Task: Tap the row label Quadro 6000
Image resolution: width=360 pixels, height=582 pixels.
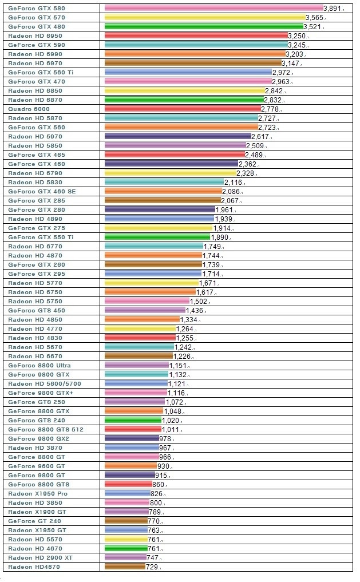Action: pyautogui.click(x=29, y=109)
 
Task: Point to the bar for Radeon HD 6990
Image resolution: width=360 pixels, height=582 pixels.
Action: pyautogui.click(x=195, y=54)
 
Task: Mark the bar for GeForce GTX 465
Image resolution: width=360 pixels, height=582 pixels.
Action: pyautogui.click(x=175, y=155)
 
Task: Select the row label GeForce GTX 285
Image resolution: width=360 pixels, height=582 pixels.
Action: pyautogui.click(x=37, y=200)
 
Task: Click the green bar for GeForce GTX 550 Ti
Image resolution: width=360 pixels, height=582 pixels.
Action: pyautogui.click(x=158, y=237)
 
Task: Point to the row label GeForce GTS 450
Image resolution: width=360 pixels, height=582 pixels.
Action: pyautogui.click(x=37, y=310)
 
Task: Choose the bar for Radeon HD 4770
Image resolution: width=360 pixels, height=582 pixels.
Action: pyautogui.click(x=140, y=328)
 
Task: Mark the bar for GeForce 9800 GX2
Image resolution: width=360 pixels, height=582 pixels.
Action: pyautogui.click(x=132, y=438)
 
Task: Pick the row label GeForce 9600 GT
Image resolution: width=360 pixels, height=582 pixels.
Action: pyautogui.click(x=37, y=466)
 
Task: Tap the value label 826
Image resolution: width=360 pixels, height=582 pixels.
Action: pyautogui.click(x=156, y=493)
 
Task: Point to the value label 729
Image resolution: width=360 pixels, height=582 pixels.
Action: pyautogui.click(x=152, y=567)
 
